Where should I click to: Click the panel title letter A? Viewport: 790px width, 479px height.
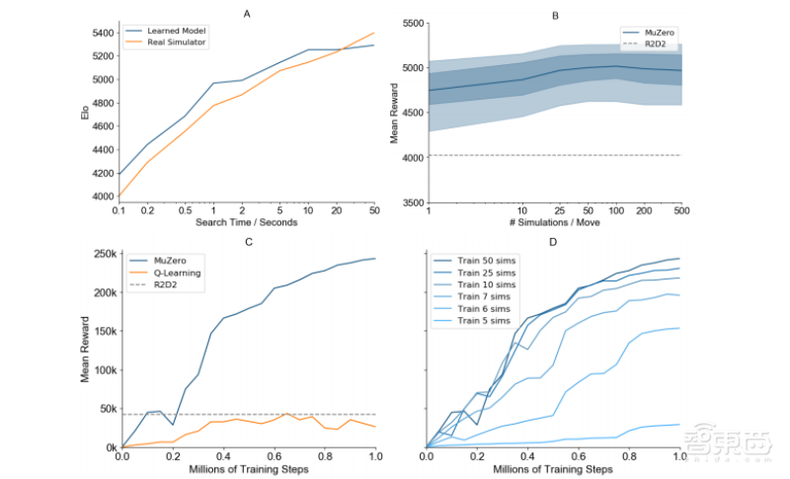click(x=247, y=13)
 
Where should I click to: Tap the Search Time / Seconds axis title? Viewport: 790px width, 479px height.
click(x=247, y=221)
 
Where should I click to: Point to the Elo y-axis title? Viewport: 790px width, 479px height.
click(x=85, y=114)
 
